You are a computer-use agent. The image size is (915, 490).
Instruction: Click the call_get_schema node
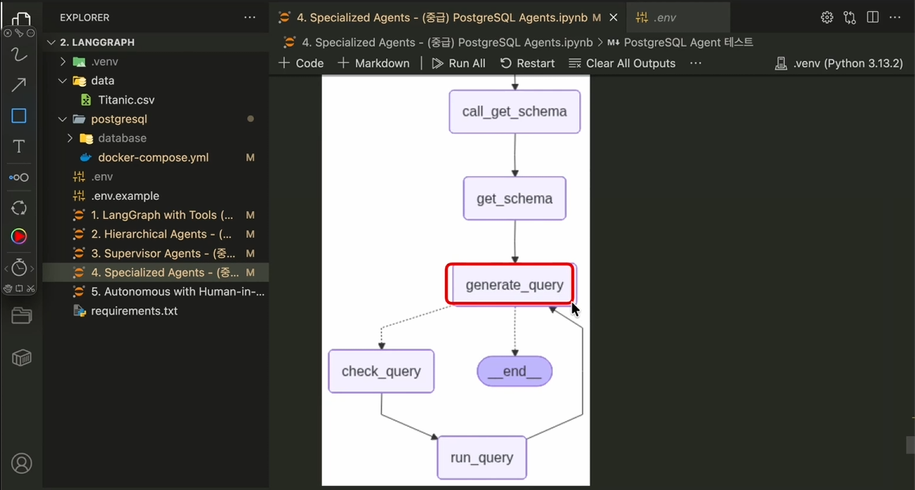(515, 111)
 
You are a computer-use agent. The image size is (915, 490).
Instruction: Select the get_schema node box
(515, 198)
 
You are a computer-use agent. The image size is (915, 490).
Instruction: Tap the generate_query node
(514, 285)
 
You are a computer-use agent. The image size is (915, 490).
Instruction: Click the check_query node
(381, 371)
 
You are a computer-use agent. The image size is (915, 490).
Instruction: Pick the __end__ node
(515, 371)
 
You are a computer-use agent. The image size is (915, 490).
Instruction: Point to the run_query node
(482, 458)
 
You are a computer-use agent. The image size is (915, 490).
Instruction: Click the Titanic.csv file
(126, 100)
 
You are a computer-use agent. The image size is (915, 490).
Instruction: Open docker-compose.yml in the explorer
(153, 157)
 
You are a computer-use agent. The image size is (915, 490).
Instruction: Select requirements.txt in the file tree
(134, 311)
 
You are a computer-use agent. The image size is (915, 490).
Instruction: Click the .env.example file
(125, 196)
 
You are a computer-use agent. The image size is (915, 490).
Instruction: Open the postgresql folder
(119, 119)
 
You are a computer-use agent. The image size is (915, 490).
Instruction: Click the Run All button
(459, 63)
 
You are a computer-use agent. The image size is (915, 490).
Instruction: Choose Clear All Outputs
(622, 63)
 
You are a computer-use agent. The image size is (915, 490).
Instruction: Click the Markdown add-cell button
(373, 63)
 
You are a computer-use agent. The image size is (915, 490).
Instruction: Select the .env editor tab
(667, 17)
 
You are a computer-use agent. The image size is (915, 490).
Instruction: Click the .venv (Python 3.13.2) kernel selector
(838, 63)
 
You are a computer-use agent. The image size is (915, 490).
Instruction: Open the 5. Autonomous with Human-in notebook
(178, 292)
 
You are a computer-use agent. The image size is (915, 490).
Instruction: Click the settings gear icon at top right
(827, 17)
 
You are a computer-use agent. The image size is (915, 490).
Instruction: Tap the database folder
(122, 138)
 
